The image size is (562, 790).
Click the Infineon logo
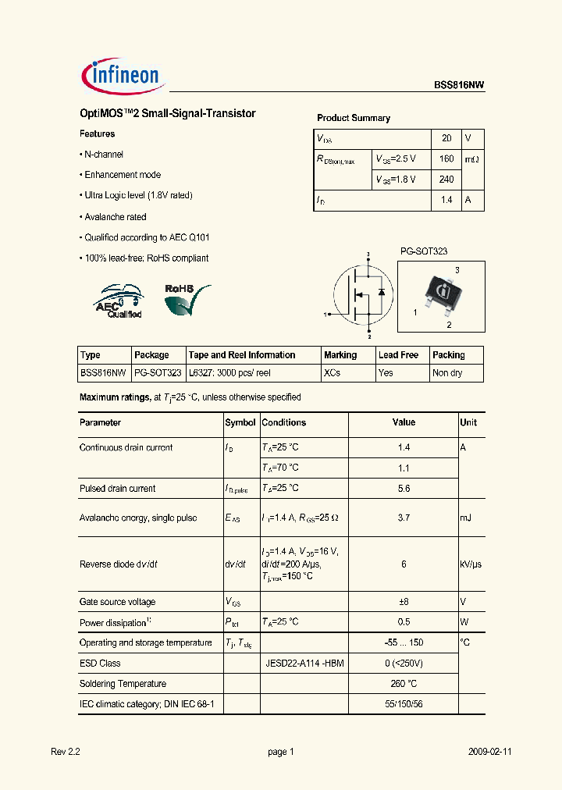coord(121,76)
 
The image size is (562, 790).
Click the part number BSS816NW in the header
coord(459,87)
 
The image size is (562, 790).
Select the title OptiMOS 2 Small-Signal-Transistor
coord(167,114)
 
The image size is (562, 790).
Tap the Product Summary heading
coord(353,118)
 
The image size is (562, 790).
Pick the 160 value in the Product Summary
coord(446,159)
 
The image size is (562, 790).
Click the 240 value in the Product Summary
coord(446,180)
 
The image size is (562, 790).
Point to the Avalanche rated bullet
coord(115,217)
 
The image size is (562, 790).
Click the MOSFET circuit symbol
coord(361,294)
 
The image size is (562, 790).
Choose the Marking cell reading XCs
coord(332,373)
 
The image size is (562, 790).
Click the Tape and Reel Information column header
coord(242,355)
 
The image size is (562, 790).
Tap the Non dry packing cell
coord(447,373)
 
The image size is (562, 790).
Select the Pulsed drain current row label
coord(118,489)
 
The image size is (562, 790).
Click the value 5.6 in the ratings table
coord(404,489)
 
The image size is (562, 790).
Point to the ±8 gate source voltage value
coord(404,602)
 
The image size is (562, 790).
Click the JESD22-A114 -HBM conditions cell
coord(304,664)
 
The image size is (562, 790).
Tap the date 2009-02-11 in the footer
coord(489,752)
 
